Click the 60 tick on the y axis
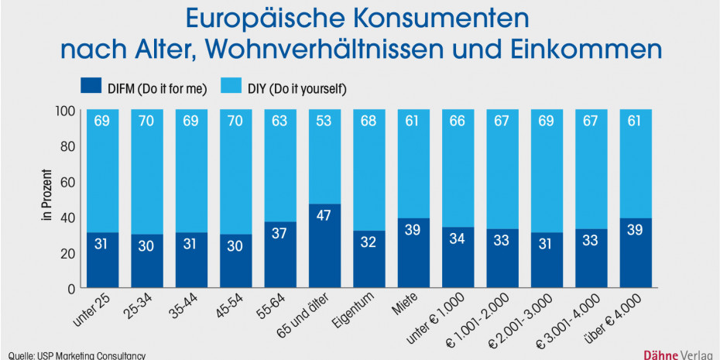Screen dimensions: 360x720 pyautogui.click(x=68, y=182)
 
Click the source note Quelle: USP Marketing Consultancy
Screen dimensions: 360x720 pyautogui.click(x=74, y=355)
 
